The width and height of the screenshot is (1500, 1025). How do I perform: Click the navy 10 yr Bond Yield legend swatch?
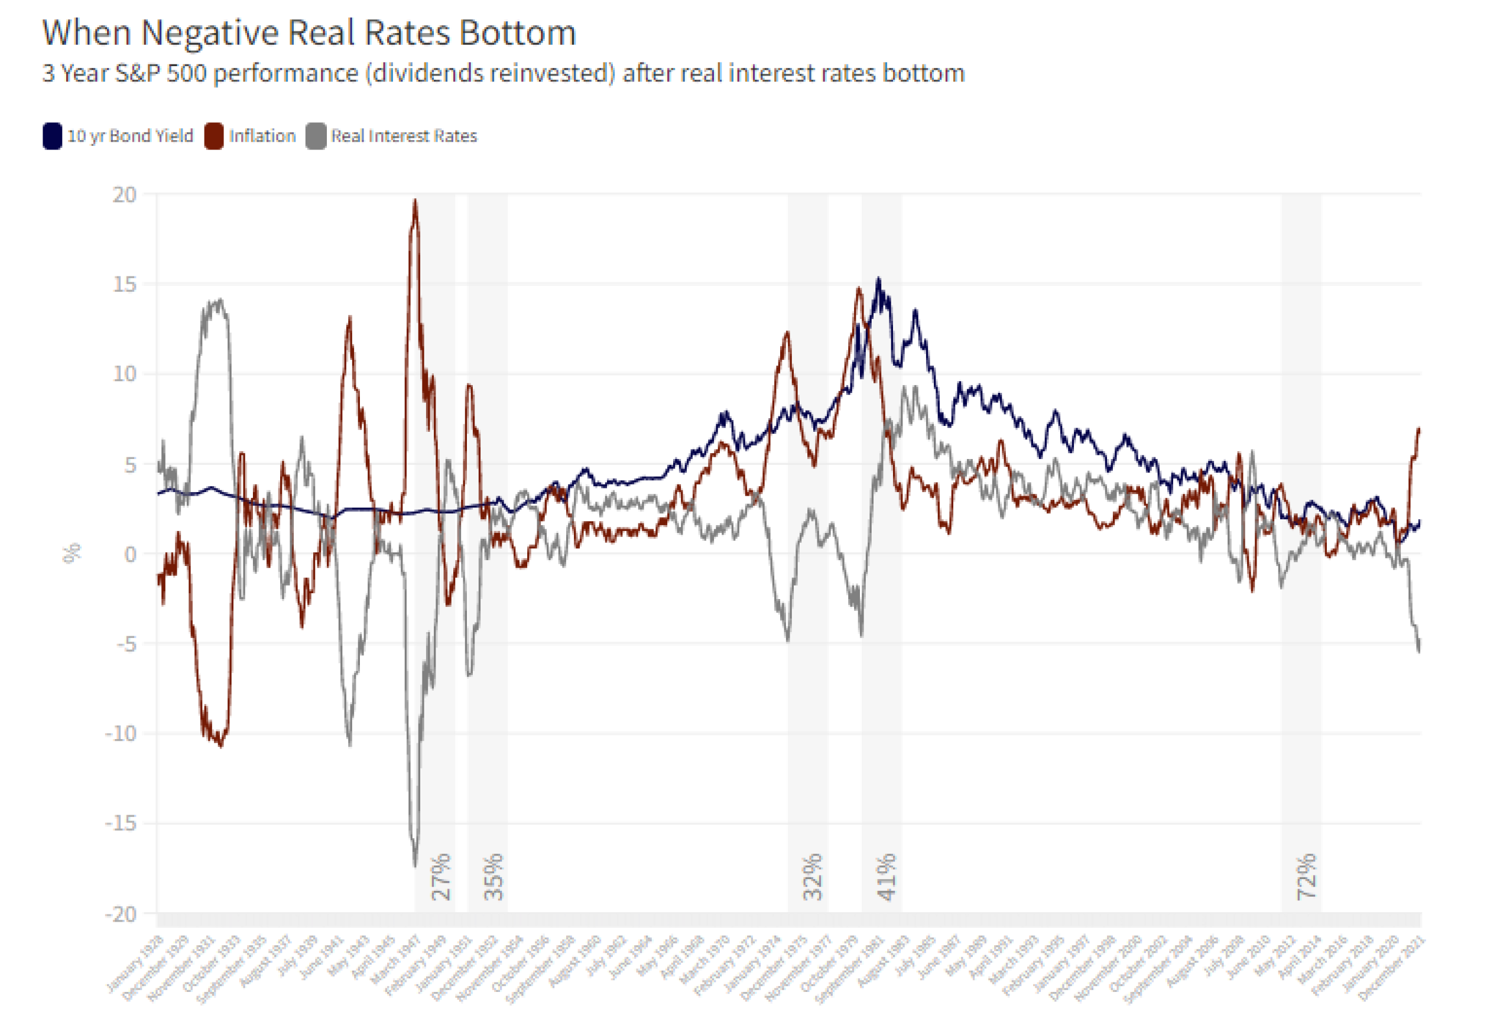click(52, 136)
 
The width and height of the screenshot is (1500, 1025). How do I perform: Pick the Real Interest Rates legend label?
click(404, 136)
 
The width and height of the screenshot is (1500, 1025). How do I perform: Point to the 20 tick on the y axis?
click(125, 195)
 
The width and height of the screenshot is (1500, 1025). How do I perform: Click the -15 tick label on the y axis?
click(121, 823)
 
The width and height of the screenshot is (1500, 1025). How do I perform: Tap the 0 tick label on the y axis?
click(131, 554)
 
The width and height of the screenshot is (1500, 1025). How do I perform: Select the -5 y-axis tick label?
click(126, 644)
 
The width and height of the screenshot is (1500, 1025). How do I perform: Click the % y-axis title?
click(72, 554)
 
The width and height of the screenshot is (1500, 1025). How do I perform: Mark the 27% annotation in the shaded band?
click(441, 877)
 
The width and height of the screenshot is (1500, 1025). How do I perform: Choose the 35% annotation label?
click(493, 877)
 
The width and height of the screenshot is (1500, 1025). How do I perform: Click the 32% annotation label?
click(813, 877)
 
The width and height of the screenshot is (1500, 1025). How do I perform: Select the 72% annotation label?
click(1306, 877)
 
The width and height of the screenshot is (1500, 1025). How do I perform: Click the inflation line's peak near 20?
click(415, 201)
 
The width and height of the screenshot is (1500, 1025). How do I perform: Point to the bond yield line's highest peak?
click(878, 279)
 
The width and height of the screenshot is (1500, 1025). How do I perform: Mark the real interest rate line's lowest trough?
click(415, 864)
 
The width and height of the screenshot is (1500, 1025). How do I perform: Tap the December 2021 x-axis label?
click(1393, 968)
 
